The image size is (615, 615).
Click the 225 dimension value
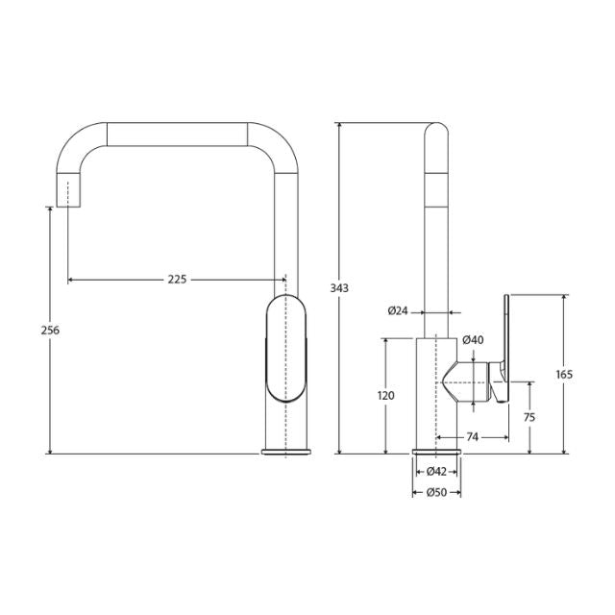click(x=177, y=280)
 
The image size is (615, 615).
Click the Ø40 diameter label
click(x=472, y=340)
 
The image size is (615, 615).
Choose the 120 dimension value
click(x=385, y=395)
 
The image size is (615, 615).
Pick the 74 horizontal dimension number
click(x=472, y=437)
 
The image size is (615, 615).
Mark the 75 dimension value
click(x=529, y=417)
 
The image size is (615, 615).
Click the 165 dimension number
click(x=564, y=374)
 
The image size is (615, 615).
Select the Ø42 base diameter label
click(x=436, y=471)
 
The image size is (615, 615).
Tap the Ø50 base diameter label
click(x=436, y=493)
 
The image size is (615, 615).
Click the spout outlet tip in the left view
click(x=68, y=192)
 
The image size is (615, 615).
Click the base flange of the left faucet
click(x=285, y=452)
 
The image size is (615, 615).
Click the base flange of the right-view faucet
click(x=436, y=452)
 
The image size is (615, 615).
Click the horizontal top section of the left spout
click(x=177, y=134)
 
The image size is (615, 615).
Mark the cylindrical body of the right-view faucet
click(x=436, y=394)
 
